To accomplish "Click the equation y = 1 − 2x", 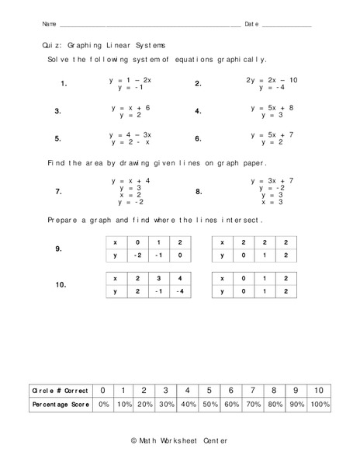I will coord(130,80).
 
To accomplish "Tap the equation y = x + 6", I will coord(130,107).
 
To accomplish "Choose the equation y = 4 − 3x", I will coord(130,135).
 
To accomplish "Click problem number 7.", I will coord(58,191).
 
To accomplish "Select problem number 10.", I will coord(61,285).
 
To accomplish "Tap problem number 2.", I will coord(199,84).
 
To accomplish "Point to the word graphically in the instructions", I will coord(241,59).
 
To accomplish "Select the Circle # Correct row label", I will coord(59,390).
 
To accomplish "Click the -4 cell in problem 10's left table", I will coord(180,291).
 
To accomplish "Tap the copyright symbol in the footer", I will coord(135,440).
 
